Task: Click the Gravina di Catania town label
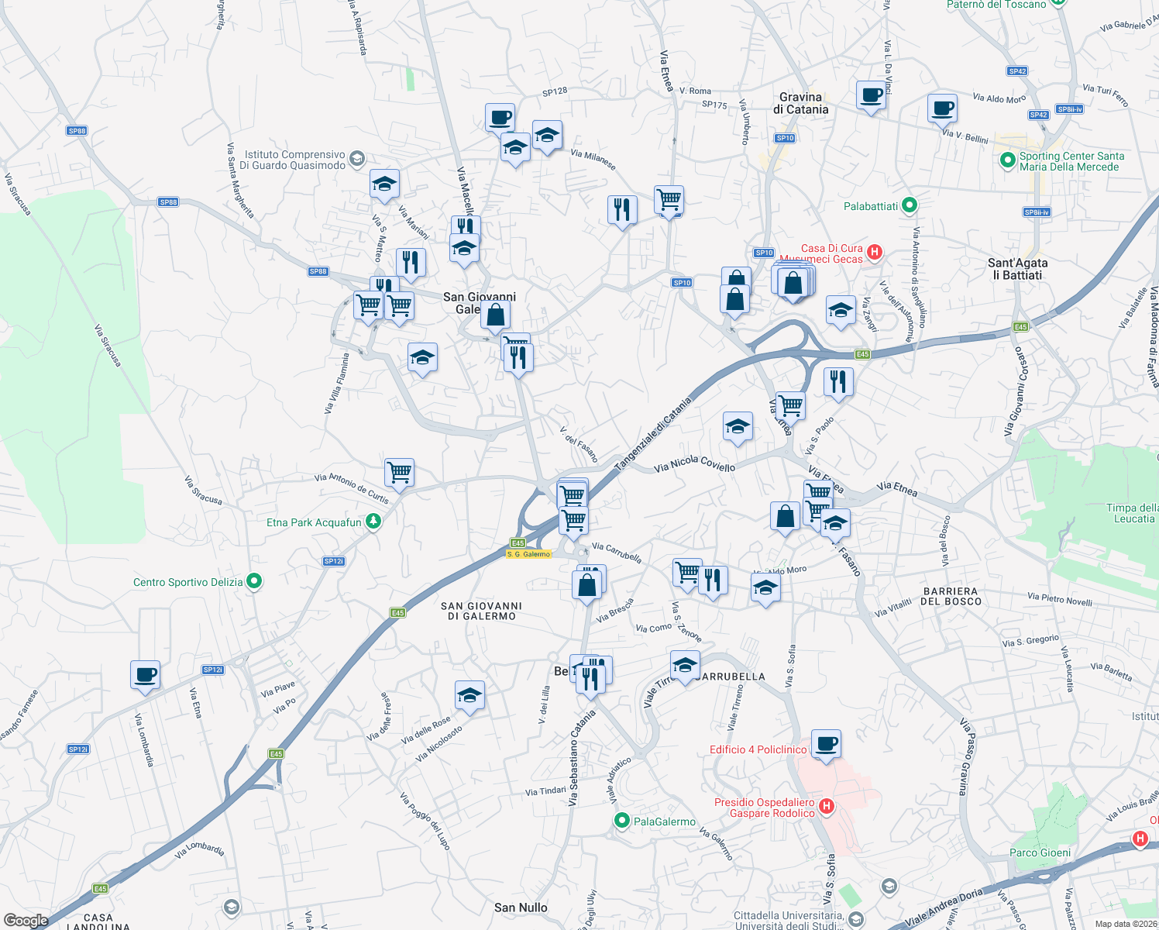tap(800, 103)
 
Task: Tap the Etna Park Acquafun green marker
tap(373, 522)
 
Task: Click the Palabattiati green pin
tap(910, 205)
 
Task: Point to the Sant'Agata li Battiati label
tap(1017, 269)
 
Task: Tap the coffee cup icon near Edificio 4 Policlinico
tap(826, 744)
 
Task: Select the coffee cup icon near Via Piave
tap(145, 674)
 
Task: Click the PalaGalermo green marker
tap(621, 821)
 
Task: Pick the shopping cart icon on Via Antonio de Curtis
tap(399, 471)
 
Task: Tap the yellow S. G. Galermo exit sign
tap(528, 554)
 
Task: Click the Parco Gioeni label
tap(1040, 852)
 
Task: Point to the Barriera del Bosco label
tap(952, 596)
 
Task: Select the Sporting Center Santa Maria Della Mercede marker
tap(1007, 160)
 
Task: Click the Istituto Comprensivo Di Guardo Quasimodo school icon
tap(356, 159)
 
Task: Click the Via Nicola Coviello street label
tap(694, 464)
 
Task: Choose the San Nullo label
tap(521, 908)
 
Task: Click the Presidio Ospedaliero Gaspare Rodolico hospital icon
tap(826, 806)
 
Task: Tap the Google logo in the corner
tap(26, 920)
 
